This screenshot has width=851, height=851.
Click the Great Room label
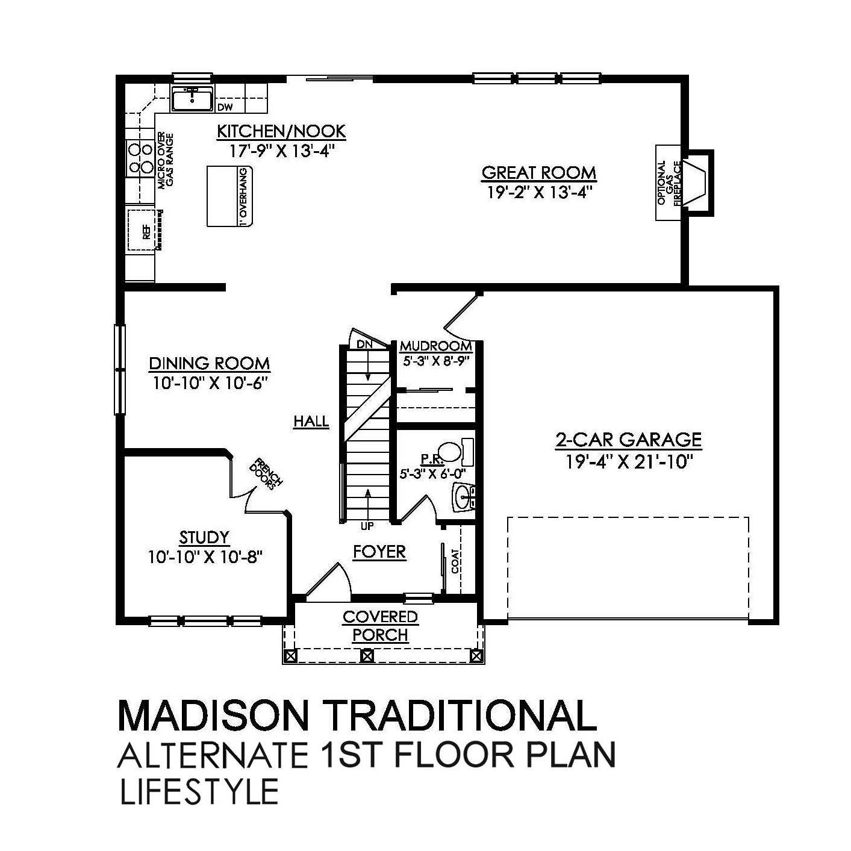coord(538,173)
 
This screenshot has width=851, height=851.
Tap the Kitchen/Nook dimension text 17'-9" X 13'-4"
coord(281,150)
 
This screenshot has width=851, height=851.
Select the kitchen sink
coord(192,99)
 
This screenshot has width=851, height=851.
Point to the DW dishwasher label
coord(225,108)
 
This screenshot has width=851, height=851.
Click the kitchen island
coord(231,196)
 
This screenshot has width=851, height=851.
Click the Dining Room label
coord(209,363)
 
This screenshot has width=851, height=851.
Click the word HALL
coord(311,422)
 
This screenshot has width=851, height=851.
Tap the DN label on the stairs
coord(364,344)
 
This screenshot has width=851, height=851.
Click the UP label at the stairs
coord(367,526)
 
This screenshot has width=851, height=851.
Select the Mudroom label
coord(435,346)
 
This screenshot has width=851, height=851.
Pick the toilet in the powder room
coord(449,452)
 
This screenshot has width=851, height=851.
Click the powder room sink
coord(463,497)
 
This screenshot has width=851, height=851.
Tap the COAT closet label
coord(455,561)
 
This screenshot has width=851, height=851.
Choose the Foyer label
coord(379,552)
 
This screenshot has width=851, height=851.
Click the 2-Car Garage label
coord(628,439)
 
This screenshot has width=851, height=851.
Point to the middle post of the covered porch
coord(367,655)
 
